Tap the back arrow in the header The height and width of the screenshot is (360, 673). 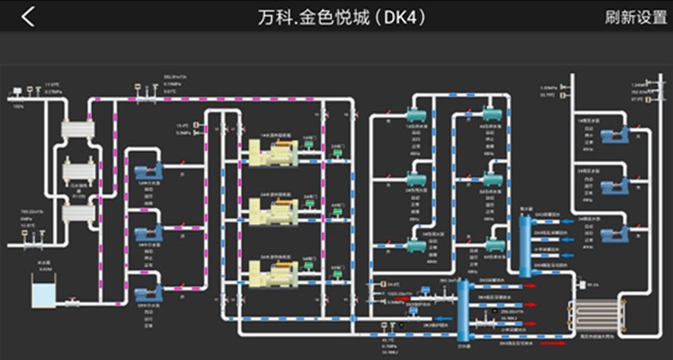[27, 16]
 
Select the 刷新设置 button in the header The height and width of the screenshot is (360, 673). [635, 17]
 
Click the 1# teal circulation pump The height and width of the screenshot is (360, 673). [415, 115]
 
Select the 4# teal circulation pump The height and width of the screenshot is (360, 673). [492, 115]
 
